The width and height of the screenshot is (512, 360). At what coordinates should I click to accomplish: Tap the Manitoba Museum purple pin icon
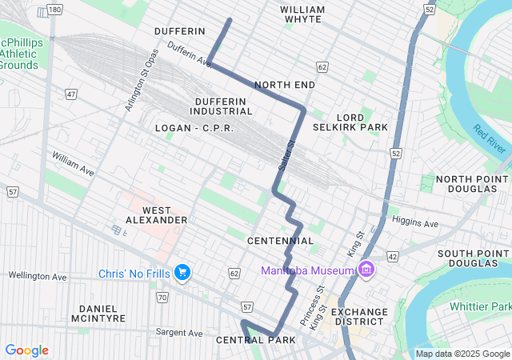tap(366, 270)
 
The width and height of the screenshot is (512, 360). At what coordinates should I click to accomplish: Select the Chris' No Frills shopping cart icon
tap(182, 274)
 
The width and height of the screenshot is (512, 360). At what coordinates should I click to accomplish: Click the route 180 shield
tap(54, 10)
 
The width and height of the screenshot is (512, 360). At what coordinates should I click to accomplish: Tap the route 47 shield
tap(71, 94)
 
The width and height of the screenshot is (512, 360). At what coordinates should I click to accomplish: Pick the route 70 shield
tap(162, 298)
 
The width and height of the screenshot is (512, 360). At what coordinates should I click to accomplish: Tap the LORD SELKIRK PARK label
tap(350, 121)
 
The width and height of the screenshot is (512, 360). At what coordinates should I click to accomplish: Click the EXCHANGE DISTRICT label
tap(360, 318)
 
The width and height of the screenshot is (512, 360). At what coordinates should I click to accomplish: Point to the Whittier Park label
tap(479, 306)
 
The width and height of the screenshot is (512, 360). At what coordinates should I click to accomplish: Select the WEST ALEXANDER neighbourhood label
tap(157, 213)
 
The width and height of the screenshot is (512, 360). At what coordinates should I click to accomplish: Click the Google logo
tap(27, 350)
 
